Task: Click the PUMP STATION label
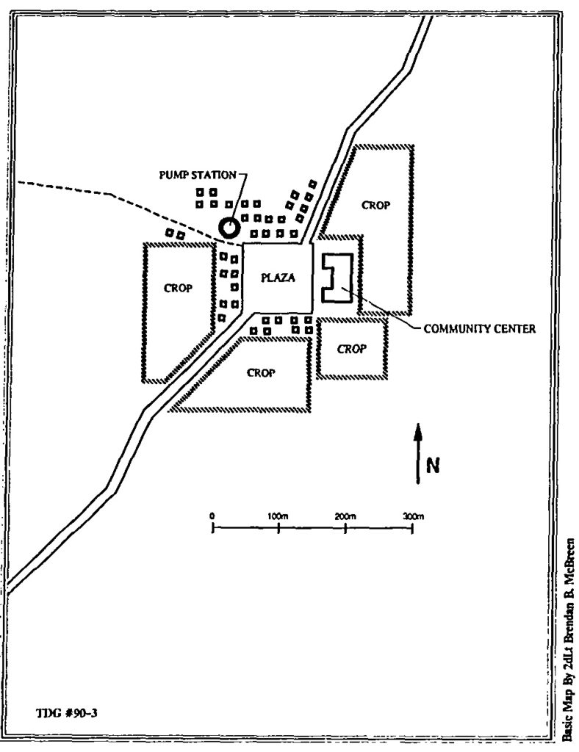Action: pos(198,175)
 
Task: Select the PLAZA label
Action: pos(278,278)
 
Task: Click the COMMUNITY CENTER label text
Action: pos(480,329)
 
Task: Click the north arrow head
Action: pos(418,432)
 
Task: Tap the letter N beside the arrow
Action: pos(433,465)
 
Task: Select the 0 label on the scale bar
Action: pos(212,516)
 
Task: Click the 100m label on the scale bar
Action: pos(278,516)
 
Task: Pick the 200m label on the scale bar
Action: pos(345,516)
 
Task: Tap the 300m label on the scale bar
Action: pos(414,516)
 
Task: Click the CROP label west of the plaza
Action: pos(178,288)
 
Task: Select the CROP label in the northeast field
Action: pos(375,206)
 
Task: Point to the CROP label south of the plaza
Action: pos(261,372)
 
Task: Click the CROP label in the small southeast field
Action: pos(352,349)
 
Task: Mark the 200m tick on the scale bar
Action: pos(345,528)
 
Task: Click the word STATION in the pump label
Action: pos(214,175)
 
